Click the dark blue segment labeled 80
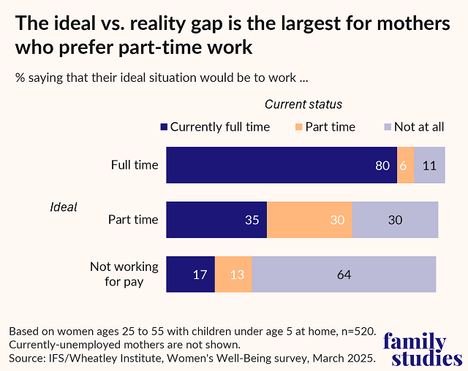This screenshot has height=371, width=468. click(282, 165)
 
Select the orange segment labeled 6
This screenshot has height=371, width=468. click(405, 165)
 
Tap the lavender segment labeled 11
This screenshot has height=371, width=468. click(429, 165)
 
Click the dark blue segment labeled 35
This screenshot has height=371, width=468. click(216, 220)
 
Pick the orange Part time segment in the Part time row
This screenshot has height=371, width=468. click(309, 220)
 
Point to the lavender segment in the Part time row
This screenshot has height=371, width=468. click(395, 220)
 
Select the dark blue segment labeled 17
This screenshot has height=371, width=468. click(190, 275)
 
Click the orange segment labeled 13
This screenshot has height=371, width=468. click(233, 275)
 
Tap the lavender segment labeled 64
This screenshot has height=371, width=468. click(344, 275)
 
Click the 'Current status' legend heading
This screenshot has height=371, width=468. click(303, 104)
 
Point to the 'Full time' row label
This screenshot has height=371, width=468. click(135, 165)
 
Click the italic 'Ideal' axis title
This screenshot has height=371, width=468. click(63, 207)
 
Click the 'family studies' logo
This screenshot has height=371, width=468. click(423, 350)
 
